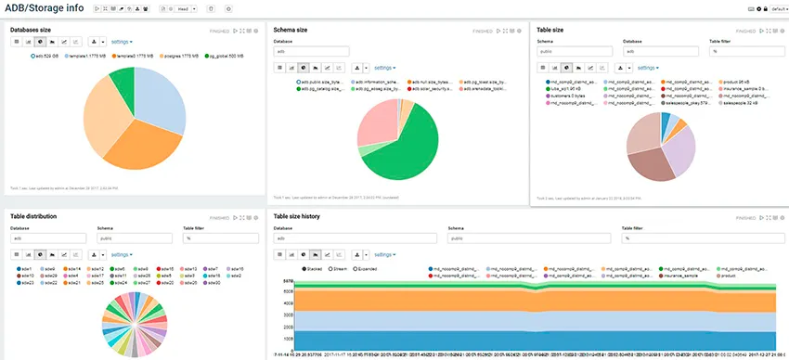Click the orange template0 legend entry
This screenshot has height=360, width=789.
131,56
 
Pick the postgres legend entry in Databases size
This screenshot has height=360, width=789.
182,56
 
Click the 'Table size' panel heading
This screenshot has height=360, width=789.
557,30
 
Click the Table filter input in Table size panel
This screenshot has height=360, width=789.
738,52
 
